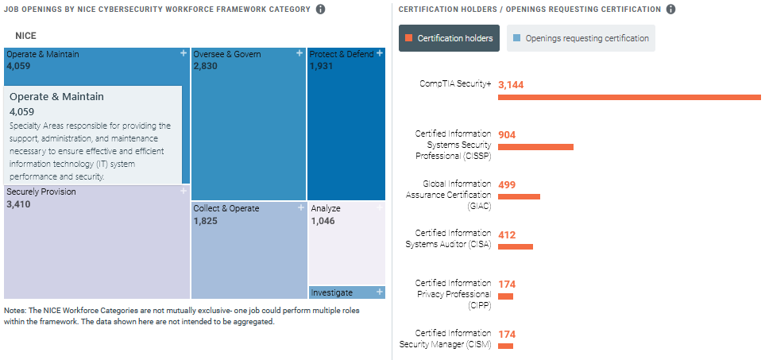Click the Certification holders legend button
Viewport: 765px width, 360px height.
tap(449, 38)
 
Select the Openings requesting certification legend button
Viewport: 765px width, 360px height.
tap(581, 38)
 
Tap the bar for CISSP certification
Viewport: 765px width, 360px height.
tap(535, 147)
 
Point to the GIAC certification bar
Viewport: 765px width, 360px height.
tap(519, 196)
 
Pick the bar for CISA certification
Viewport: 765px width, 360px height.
tap(516, 246)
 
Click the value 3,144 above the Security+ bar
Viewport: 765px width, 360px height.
tap(511, 84)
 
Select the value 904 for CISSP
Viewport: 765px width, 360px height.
tap(507, 134)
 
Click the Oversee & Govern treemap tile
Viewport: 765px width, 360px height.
tap(249, 127)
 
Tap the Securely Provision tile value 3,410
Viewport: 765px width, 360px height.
tap(18, 204)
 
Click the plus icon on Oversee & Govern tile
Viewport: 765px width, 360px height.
tap(299, 53)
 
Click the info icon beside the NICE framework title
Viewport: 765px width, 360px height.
tap(321, 10)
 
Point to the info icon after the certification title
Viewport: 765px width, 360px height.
tap(670, 10)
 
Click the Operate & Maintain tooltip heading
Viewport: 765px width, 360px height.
tap(56, 96)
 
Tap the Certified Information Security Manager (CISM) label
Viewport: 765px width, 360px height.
tap(445, 339)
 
